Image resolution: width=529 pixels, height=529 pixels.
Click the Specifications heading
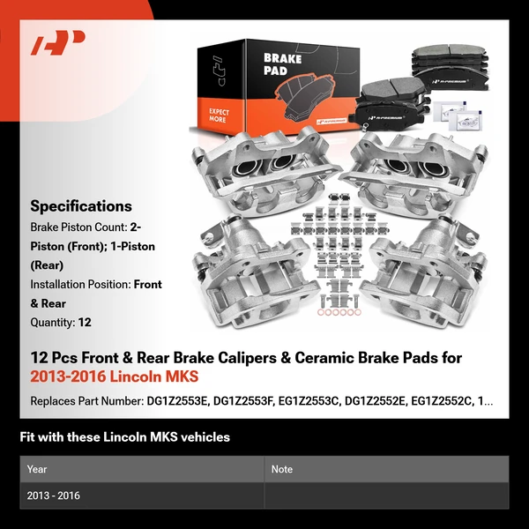point(80,206)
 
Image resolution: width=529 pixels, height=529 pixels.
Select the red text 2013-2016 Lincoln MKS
point(115,376)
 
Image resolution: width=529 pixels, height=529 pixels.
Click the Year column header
point(37,469)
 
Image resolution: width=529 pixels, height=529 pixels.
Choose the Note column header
point(282,469)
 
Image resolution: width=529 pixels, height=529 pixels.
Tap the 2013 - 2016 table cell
point(54,495)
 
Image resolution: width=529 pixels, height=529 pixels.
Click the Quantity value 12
point(85,323)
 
